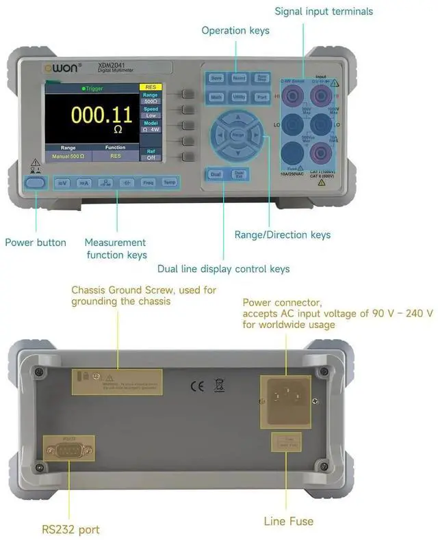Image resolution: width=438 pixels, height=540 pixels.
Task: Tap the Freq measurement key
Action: point(148,183)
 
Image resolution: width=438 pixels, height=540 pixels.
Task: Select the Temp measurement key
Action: point(169,183)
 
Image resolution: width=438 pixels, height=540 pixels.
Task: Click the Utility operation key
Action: point(239,97)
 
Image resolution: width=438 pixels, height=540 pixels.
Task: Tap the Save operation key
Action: point(216,79)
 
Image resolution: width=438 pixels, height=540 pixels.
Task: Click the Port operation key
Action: point(261,97)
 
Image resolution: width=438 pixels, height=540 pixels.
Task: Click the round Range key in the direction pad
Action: point(238,135)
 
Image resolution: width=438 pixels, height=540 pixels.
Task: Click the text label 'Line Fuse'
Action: point(289,521)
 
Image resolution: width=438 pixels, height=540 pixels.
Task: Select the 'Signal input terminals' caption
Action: point(324,11)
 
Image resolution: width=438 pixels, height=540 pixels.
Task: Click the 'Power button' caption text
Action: point(36,242)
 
